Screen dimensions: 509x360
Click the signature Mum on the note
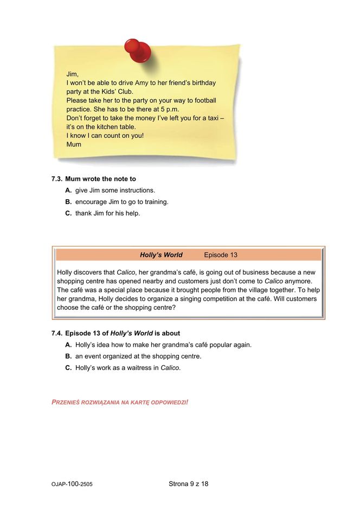pos(74,144)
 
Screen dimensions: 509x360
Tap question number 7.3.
pos(57,179)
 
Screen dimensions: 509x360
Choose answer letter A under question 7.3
pos(68,190)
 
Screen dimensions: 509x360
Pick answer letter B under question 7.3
pos(68,202)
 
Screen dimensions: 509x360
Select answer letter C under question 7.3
pos(68,213)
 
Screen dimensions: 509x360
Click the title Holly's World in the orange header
pos(161,254)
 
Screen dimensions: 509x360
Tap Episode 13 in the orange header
pos(221,254)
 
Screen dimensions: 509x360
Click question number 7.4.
pos(57,333)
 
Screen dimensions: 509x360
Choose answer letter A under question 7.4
pos(68,345)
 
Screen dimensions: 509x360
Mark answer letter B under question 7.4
pos(68,357)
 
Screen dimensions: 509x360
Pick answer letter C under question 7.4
pos(68,368)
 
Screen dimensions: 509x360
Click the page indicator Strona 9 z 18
pos(188,483)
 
